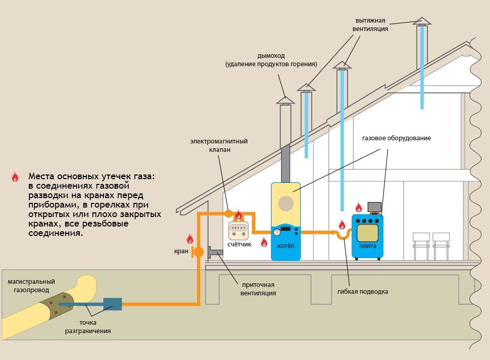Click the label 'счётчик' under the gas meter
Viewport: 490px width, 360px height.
pos(240,244)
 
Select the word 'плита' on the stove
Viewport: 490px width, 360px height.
pos(367,245)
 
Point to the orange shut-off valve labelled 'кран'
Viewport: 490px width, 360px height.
pos(198,252)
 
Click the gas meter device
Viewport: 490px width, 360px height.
pos(239,230)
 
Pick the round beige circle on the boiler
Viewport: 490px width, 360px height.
pos(286,203)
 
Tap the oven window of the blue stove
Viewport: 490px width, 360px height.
pos(367,230)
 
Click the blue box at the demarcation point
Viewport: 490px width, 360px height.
pos(112,304)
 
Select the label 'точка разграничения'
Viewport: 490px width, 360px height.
pos(88,326)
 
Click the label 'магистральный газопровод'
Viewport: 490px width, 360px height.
pos(32,285)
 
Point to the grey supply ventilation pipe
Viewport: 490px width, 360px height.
pos(215,253)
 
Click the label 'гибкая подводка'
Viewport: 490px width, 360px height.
pos(363,291)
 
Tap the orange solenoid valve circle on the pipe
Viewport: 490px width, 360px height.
pos(228,213)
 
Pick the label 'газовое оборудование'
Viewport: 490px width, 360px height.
pos(396,138)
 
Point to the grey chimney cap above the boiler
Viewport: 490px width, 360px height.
pos(285,99)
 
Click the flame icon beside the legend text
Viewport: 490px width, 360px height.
pos(15,177)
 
